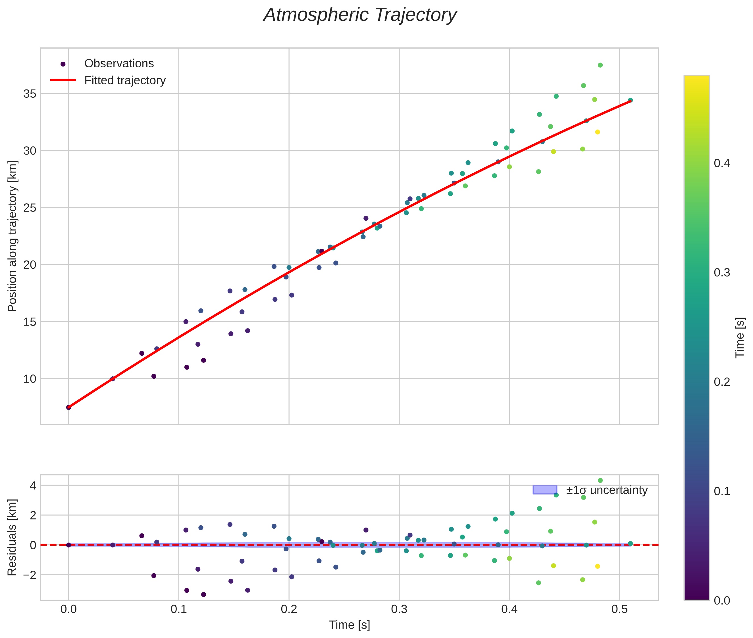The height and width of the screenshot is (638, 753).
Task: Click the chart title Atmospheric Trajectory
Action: tap(360, 15)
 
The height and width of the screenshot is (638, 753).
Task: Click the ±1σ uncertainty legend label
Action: tap(606, 490)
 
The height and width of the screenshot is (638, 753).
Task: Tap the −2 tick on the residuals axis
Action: tap(28, 575)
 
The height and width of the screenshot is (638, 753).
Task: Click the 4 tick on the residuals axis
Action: tap(33, 486)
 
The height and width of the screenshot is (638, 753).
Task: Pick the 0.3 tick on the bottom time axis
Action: tap(399, 609)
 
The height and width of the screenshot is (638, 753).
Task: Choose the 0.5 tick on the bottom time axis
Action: tap(619, 609)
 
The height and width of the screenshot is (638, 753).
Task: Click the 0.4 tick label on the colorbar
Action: tap(722, 163)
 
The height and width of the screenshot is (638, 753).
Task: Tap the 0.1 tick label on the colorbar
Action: tap(722, 491)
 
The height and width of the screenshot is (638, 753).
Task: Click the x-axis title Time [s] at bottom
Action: tap(349, 625)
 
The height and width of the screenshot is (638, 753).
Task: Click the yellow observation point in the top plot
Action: tap(597, 132)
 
